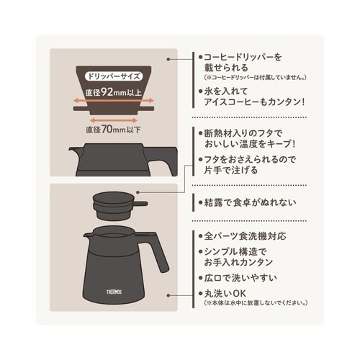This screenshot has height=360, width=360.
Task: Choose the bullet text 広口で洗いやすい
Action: click(x=242, y=278)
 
